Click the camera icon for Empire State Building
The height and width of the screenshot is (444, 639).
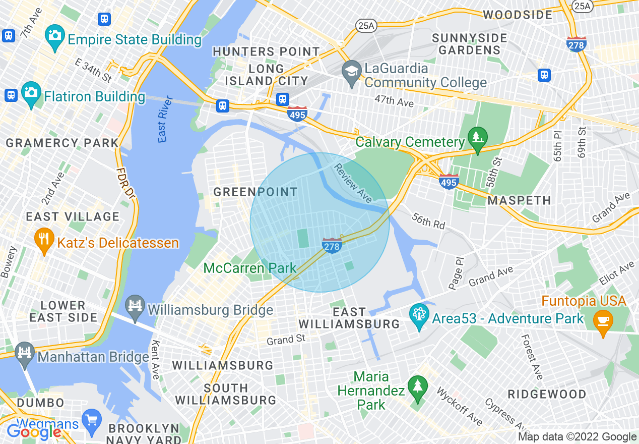coord(54,35)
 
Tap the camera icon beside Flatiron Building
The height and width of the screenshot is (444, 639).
coord(31,92)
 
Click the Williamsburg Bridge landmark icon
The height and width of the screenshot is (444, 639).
coord(135,306)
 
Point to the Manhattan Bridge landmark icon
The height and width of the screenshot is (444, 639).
coord(24,353)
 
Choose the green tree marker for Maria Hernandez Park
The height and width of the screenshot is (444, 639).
coord(418,387)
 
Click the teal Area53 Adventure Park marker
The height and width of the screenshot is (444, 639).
coord(419,315)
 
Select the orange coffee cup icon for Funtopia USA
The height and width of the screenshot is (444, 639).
coord(603,320)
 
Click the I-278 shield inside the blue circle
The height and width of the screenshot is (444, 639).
coord(332,246)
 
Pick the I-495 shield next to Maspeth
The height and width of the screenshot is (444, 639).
coord(448,181)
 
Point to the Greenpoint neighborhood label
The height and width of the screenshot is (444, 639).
coord(255,192)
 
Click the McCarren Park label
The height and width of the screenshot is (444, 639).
coord(250,268)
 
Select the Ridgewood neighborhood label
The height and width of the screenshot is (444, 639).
coord(547,394)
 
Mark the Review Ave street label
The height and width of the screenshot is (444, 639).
coord(353,183)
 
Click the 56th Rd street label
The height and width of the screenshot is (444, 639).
coord(428,220)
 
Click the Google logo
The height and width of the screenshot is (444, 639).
coord(34,432)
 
